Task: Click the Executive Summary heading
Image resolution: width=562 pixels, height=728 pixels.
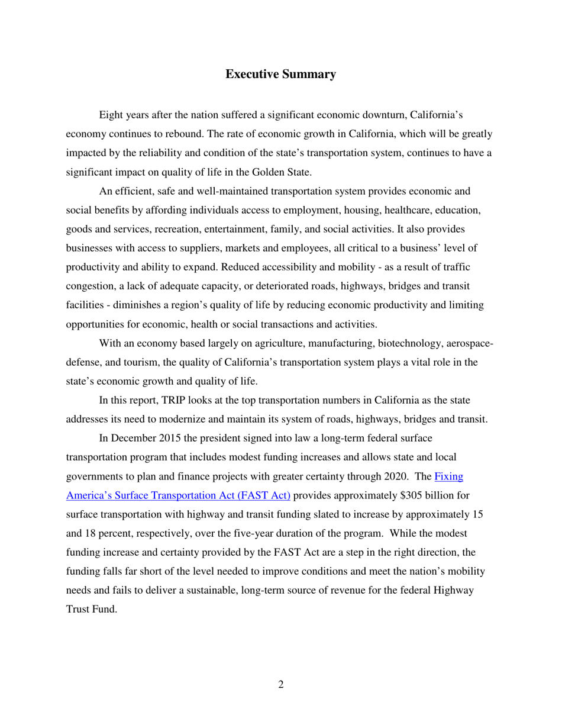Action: (281, 75)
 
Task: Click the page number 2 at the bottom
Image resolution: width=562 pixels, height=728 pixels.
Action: (280, 685)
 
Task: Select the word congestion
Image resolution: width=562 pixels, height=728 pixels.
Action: (89, 286)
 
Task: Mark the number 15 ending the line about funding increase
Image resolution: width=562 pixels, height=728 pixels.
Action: (478, 515)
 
